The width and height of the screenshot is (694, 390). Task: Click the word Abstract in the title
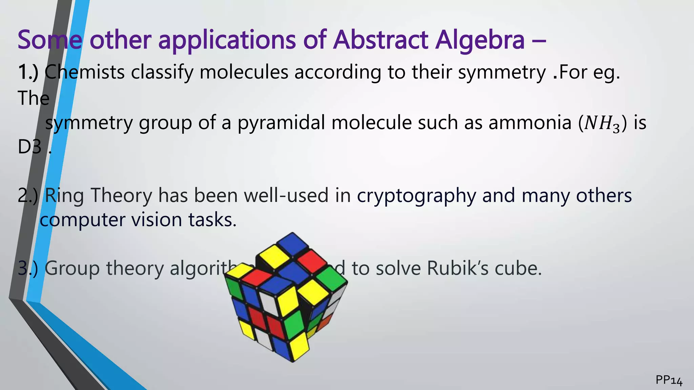381,40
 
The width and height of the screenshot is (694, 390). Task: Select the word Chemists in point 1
84,72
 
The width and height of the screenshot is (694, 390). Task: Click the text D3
30,147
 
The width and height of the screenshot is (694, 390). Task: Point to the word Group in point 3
72,269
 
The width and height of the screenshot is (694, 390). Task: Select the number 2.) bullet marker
28,196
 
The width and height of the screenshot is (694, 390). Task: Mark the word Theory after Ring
121,196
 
